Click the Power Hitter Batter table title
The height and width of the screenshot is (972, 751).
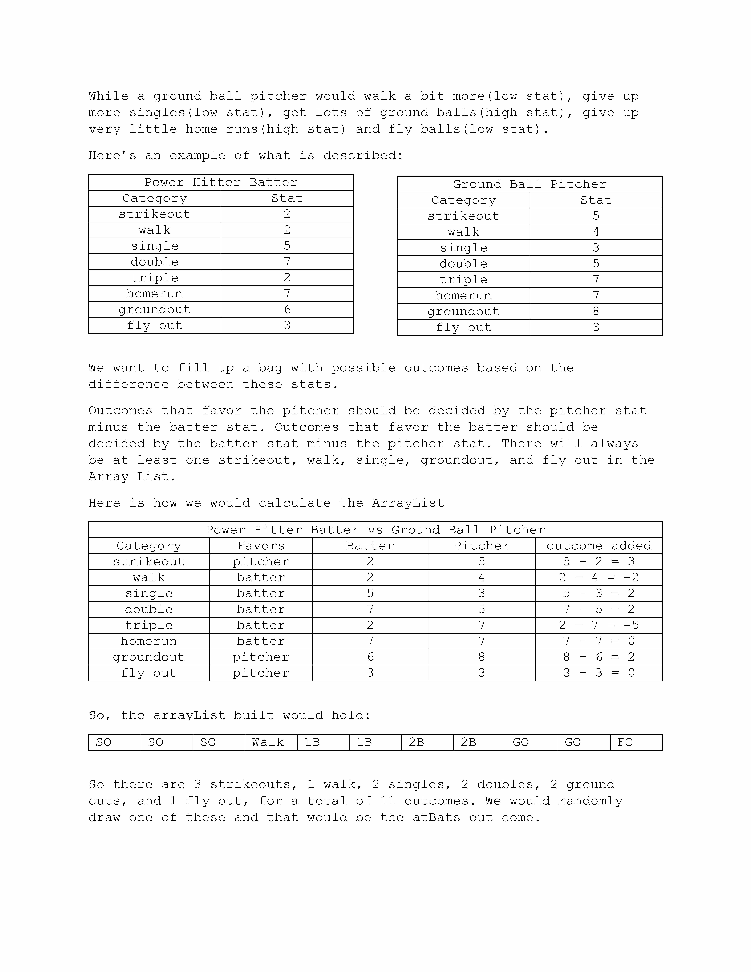pos(221,183)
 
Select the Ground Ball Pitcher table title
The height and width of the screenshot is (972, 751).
pos(529,184)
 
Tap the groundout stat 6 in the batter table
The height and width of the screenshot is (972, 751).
pos(287,309)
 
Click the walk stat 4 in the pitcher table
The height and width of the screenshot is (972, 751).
pos(596,232)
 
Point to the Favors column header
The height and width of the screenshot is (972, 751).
pos(261,546)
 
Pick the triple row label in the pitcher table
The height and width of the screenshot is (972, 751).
pos(463,279)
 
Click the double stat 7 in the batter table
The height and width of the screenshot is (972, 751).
pos(287,262)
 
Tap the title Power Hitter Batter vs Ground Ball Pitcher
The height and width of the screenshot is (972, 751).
pos(375,530)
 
